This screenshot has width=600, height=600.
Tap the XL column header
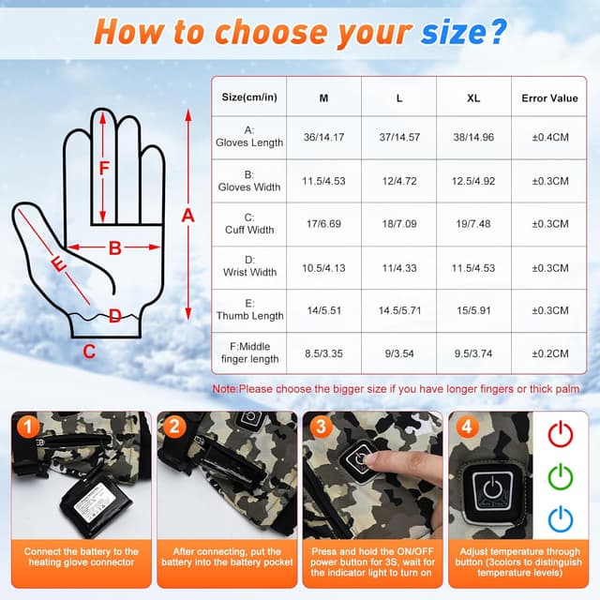point(473,98)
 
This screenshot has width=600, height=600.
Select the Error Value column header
point(549,98)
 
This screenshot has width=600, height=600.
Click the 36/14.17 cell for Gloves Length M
point(323,137)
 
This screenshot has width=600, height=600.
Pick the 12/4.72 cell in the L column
point(399,181)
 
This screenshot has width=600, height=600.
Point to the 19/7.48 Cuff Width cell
point(473,224)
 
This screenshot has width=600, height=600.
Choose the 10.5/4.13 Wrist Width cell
point(323,268)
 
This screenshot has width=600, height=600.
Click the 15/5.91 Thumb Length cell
point(473,310)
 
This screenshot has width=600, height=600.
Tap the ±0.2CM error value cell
point(550,353)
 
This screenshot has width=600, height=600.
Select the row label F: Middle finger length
point(249,352)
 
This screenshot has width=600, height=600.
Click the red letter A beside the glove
point(187,217)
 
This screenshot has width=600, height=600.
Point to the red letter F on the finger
point(104,169)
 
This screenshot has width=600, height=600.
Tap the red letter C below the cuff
point(89,352)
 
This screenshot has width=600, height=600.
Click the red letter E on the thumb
point(58,264)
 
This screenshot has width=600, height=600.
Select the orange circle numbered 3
point(321,427)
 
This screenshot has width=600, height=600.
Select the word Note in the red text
point(225,389)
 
